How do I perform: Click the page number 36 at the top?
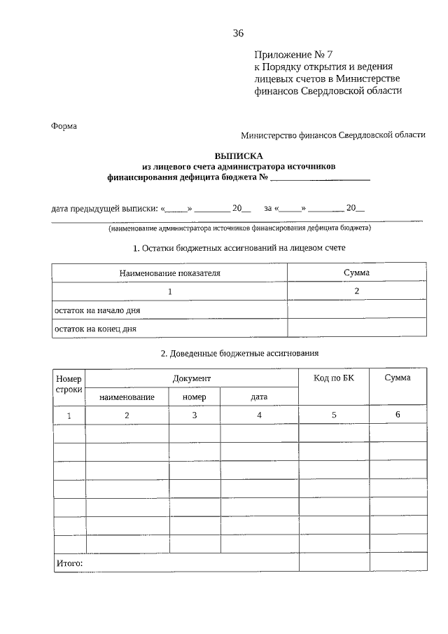pyautogui.click(x=238, y=33)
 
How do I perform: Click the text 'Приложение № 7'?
pyautogui.click(x=285, y=55)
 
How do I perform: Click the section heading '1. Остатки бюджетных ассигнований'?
pyautogui.click(x=239, y=247)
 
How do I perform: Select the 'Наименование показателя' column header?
pyautogui.click(x=169, y=273)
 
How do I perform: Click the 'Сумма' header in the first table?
pyautogui.click(x=356, y=273)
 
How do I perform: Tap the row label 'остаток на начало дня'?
pyautogui.click(x=102, y=310)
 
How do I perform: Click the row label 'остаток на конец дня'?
pyautogui.click(x=96, y=328)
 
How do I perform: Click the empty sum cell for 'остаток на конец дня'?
pyautogui.click(x=356, y=328)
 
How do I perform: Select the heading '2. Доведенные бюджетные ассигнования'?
pyautogui.click(x=239, y=353)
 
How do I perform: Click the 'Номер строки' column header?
pyautogui.click(x=69, y=384)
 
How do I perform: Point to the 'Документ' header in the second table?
pyautogui.click(x=192, y=378)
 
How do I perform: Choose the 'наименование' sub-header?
pyautogui.click(x=127, y=397)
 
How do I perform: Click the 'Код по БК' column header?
pyautogui.click(x=334, y=378)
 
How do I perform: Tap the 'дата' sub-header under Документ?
pyautogui.click(x=259, y=397)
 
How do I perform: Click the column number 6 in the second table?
pyautogui.click(x=398, y=415)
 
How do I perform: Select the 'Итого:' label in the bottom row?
pyautogui.click(x=69, y=563)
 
